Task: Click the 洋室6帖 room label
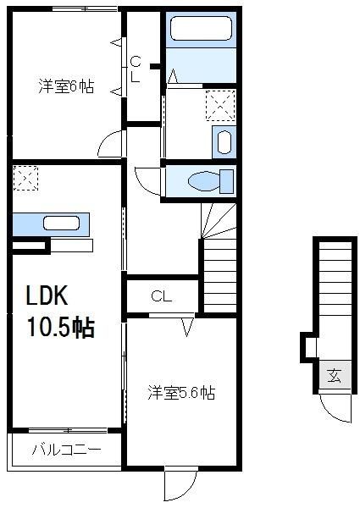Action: click(x=65, y=86)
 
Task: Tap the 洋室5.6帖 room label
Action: click(x=181, y=393)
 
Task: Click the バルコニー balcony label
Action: click(x=67, y=449)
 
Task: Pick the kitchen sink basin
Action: click(x=61, y=224)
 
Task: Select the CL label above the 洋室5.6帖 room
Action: click(x=161, y=296)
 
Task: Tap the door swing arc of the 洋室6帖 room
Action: click(x=111, y=144)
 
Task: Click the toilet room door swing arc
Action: click(x=146, y=179)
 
